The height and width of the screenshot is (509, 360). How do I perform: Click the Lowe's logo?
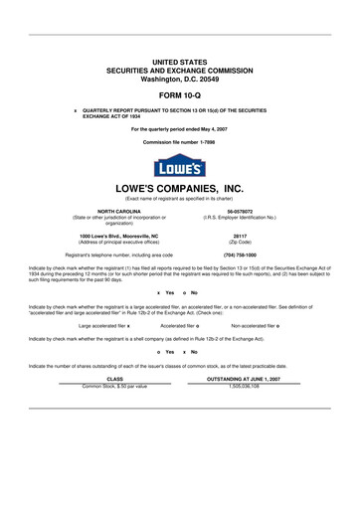click(x=179, y=165)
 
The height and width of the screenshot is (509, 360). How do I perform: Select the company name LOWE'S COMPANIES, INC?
click(x=179, y=187)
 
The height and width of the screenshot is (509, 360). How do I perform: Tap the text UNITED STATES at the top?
click(x=179, y=62)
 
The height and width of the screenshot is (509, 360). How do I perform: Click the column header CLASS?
click(x=114, y=379)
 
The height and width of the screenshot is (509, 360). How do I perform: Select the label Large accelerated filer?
click(x=102, y=325)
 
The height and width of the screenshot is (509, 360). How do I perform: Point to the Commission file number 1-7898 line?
click(x=179, y=142)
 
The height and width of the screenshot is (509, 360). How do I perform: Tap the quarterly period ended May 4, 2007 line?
click(x=179, y=129)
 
